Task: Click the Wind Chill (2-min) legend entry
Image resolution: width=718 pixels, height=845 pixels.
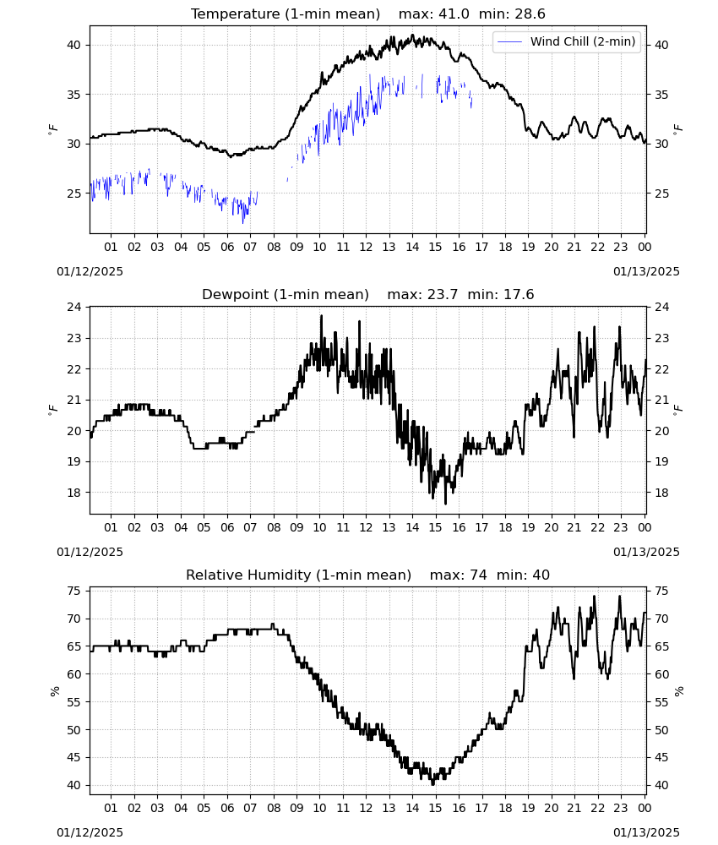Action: click(567, 41)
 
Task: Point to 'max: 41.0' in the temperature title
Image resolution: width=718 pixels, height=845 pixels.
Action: click(433, 14)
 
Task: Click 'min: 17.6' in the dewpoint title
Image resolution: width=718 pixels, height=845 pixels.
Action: click(500, 294)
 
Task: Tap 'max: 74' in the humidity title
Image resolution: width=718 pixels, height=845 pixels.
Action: click(459, 575)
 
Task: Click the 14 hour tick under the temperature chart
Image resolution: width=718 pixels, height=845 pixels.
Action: click(412, 247)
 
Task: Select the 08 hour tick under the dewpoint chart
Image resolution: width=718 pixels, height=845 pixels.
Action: click(274, 527)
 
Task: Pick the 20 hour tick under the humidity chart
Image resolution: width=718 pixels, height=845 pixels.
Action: click(552, 808)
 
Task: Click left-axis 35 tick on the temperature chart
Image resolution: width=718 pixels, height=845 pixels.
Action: click(73, 95)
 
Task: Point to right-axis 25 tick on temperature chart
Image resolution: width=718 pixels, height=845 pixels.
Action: click(661, 194)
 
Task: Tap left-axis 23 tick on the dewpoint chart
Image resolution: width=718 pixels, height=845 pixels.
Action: click(73, 339)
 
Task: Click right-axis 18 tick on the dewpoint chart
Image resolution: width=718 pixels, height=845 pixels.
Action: click(661, 493)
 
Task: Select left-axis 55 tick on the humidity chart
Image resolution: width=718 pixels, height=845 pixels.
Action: click(73, 702)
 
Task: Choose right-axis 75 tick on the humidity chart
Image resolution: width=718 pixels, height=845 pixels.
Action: click(661, 591)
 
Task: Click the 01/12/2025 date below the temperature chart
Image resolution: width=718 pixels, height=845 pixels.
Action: click(90, 271)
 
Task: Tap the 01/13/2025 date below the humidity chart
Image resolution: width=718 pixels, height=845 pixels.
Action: click(646, 832)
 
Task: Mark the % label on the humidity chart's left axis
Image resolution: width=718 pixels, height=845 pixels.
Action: click(54, 691)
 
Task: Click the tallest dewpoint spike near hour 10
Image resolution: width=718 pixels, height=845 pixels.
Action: click(322, 316)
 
